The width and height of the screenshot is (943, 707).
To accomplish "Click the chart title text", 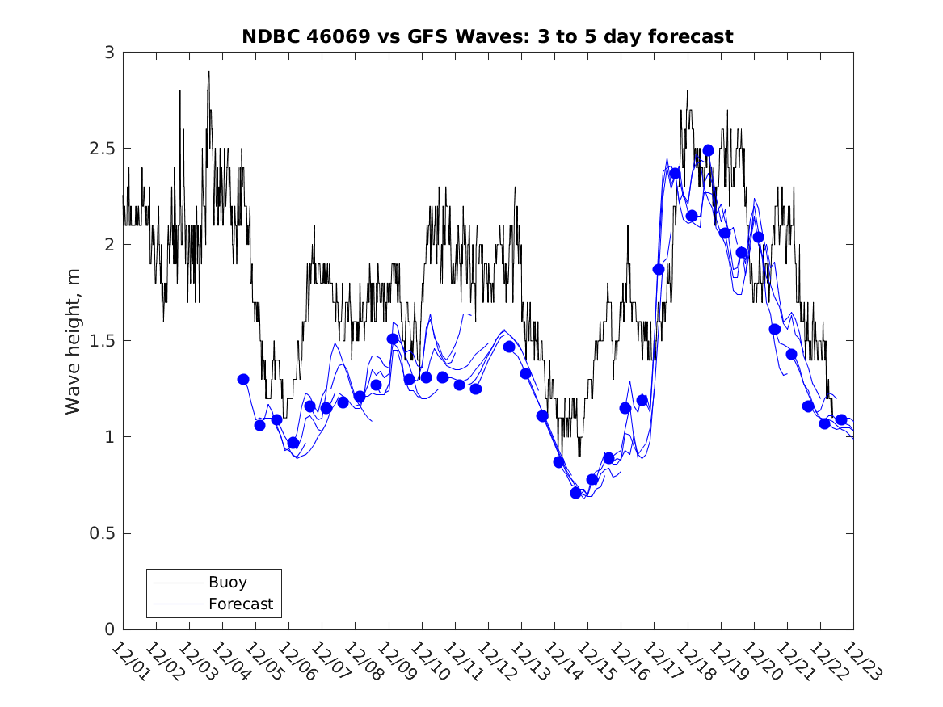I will click(x=487, y=36).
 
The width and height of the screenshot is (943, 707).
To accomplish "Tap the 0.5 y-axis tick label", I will click(x=104, y=534).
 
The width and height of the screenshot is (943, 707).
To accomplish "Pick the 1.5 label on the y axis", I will click(x=104, y=342).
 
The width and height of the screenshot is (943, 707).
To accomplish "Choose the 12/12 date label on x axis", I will click(x=494, y=661).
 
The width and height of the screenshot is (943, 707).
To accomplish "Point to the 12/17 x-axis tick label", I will click(x=660, y=661).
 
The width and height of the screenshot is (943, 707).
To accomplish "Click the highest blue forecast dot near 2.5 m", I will click(x=708, y=150).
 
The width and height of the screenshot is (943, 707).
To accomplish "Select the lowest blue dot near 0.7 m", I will click(x=576, y=493).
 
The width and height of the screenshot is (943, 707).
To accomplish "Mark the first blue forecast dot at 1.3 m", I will click(x=243, y=379).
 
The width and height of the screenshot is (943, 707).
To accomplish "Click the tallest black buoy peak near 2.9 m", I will click(x=208, y=73).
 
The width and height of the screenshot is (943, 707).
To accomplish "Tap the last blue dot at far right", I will click(x=841, y=419).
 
